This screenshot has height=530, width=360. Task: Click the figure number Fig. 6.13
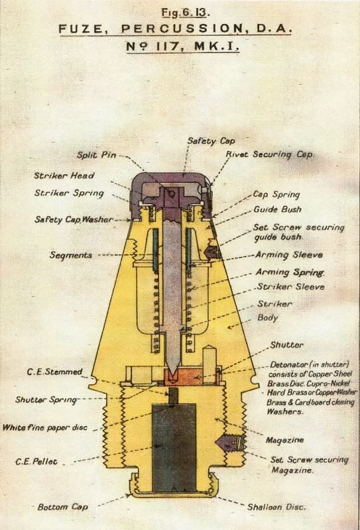tap(186, 13)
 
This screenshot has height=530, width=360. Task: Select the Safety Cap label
tap(211, 140)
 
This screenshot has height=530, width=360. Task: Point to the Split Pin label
tap(96, 155)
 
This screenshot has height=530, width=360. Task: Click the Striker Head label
tap(64, 176)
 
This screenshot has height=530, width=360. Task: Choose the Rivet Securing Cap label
tap(270, 154)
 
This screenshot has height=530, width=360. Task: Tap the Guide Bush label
tap(277, 209)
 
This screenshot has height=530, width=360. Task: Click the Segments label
tap(71, 255)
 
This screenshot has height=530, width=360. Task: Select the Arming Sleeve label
tap(288, 254)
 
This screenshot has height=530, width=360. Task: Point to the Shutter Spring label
tap(46, 399)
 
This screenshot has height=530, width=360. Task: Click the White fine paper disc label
tap(45, 427)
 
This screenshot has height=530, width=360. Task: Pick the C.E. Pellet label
tap(36, 461)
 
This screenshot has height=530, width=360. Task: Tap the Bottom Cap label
tap(62, 507)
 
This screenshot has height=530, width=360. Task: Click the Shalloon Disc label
tap(276, 507)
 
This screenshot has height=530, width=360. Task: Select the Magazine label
tap(284, 440)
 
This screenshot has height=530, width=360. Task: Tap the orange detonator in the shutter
tap(182, 377)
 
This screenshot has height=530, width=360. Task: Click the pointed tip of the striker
tap(172, 375)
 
